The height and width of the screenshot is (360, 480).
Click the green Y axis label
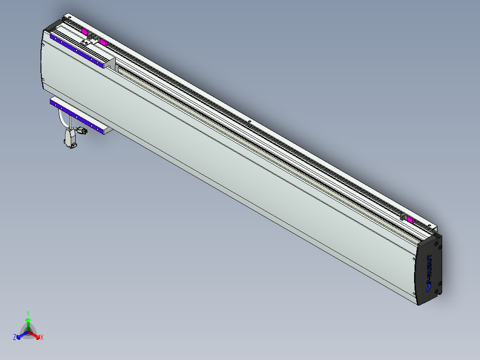click(28, 313)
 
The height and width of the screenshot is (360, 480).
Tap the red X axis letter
click(42, 338)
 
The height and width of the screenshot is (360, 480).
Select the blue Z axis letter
click(15, 338)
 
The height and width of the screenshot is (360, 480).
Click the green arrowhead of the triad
click(28, 320)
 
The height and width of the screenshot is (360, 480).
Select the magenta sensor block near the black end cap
click(409, 220)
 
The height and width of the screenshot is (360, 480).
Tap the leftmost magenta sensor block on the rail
click(85, 31)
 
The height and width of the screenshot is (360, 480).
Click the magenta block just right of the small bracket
click(103, 42)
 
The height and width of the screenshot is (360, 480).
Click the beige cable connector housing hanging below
click(70, 139)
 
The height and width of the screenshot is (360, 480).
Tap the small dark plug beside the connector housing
click(81, 131)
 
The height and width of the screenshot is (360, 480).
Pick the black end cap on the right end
click(430, 270)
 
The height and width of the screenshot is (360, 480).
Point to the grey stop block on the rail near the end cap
click(403, 217)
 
